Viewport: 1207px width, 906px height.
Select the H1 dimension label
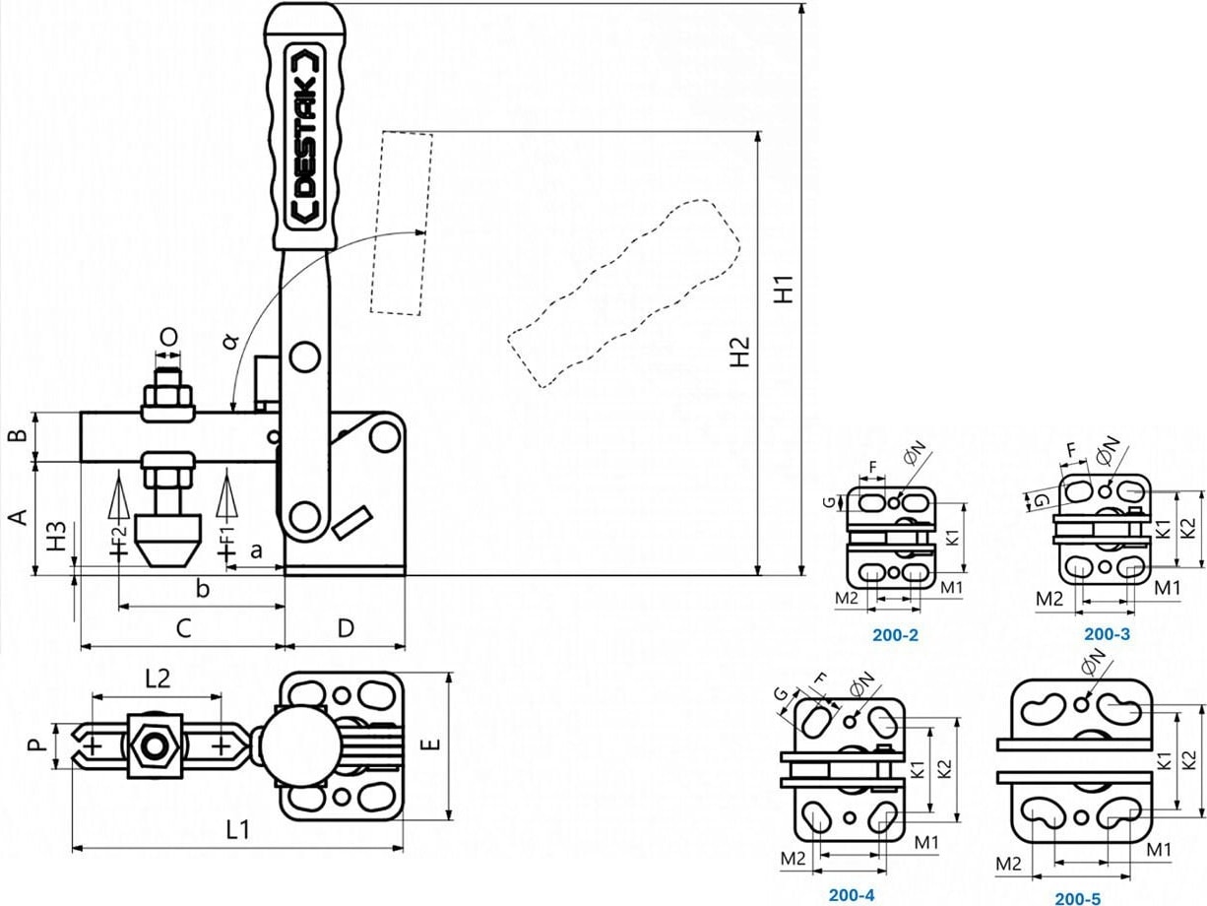pyautogui.click(x=784, y=286)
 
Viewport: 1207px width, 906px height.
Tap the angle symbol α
pyautogui.click(x=230, y=340)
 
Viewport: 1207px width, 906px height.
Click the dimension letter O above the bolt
pyautogui.click(x=168, y=337)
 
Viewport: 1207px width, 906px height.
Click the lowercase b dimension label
pyautogui.click(x=202, y=590)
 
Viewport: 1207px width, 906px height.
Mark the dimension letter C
pyautogui.click(x=182, y=627)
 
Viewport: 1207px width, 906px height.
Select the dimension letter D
pyautogui.click(x=345, y=627)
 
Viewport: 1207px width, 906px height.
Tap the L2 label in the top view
pyautogui.click(x=158, y=678)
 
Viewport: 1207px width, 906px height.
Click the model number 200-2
pyautogui.click(x=895, y=635)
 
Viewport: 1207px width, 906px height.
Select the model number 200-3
pyautogui.click(x=1107, y=634)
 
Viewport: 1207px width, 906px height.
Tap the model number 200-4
pyautogui.click(x=851, y=895)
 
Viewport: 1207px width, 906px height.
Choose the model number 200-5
pyautogui.click(x=1078, y=897)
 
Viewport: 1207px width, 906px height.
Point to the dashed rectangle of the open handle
pyautogui.click(x=402, y=223)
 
